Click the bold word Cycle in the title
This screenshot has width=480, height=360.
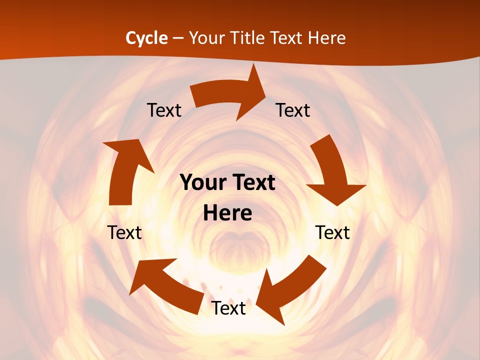click(x=146, y=38)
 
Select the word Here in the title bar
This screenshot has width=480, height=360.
click(x=327, y=38)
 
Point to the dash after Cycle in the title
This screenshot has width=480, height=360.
click(x=178, y=38)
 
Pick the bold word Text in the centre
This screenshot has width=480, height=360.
click(x=252, y=183)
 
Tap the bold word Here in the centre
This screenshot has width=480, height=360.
click(x=227, y=213)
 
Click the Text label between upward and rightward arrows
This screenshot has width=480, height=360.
click(x=164, y=110)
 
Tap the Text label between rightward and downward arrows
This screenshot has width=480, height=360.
click(x=293, y=110)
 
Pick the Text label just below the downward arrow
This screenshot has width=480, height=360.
click(x=332, y=232)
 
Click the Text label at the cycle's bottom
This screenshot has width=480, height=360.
click(x=228, y=308)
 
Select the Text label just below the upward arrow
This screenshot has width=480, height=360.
click(x=124, y=232)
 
